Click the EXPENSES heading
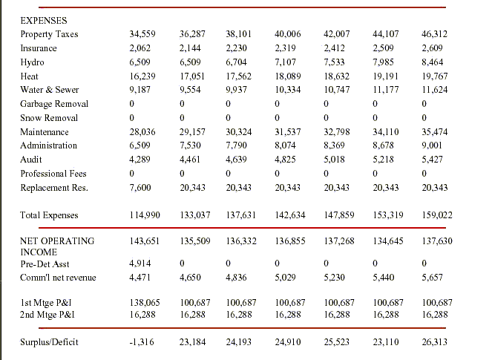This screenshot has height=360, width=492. click(43, 21)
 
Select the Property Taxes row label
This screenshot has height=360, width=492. click(49, 34)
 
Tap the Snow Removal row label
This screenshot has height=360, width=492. click(49, 118)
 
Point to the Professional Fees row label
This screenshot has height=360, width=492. click(53, 174)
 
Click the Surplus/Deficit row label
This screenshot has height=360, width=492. click(49, 342)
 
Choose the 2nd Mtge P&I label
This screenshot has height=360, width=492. click(45, 315)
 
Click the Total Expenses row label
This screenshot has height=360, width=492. click(49, 215)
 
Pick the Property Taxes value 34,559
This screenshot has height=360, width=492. click(142, 34)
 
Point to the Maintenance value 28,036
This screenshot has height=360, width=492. click(142, 132)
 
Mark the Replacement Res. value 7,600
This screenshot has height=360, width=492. click(140, 188)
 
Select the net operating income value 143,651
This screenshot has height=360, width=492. click(145, 241)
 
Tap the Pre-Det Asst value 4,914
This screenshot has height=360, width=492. click(140, 264)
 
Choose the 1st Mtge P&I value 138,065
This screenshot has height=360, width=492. click(145, 304)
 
